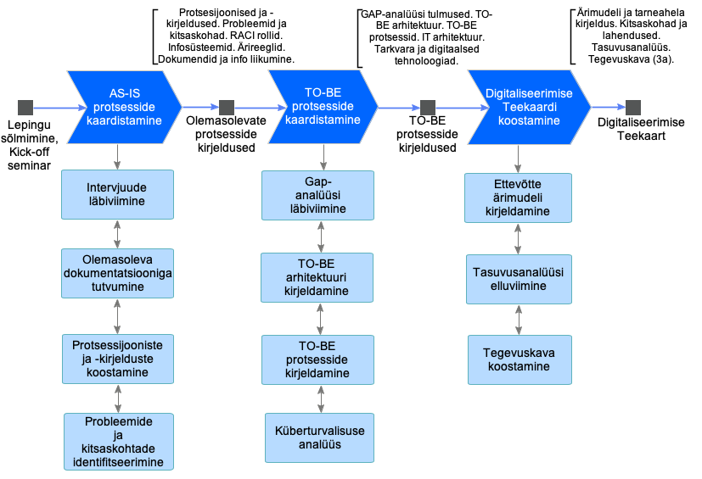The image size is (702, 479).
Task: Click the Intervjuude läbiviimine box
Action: coord(117,194)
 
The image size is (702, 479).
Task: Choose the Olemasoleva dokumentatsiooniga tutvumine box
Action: coord(117,273)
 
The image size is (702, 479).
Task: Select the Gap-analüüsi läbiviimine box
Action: coord(317,196)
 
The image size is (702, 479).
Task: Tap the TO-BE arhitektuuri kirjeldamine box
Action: coord(317,278)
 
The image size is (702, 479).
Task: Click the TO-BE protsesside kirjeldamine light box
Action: coord(317,360)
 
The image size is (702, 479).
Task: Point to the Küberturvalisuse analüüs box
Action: coord(320,437)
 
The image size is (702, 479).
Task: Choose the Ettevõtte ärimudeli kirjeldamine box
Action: coord(518,198)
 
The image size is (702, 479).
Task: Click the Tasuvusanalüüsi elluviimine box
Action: coord(518,279)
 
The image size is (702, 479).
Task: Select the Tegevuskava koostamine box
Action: coord(517,360)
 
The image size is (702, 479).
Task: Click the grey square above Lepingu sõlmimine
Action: coord(25,108)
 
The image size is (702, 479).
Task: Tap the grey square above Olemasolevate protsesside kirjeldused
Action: coord(226,108)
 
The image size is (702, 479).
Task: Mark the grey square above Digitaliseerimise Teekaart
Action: coord(632,108)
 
